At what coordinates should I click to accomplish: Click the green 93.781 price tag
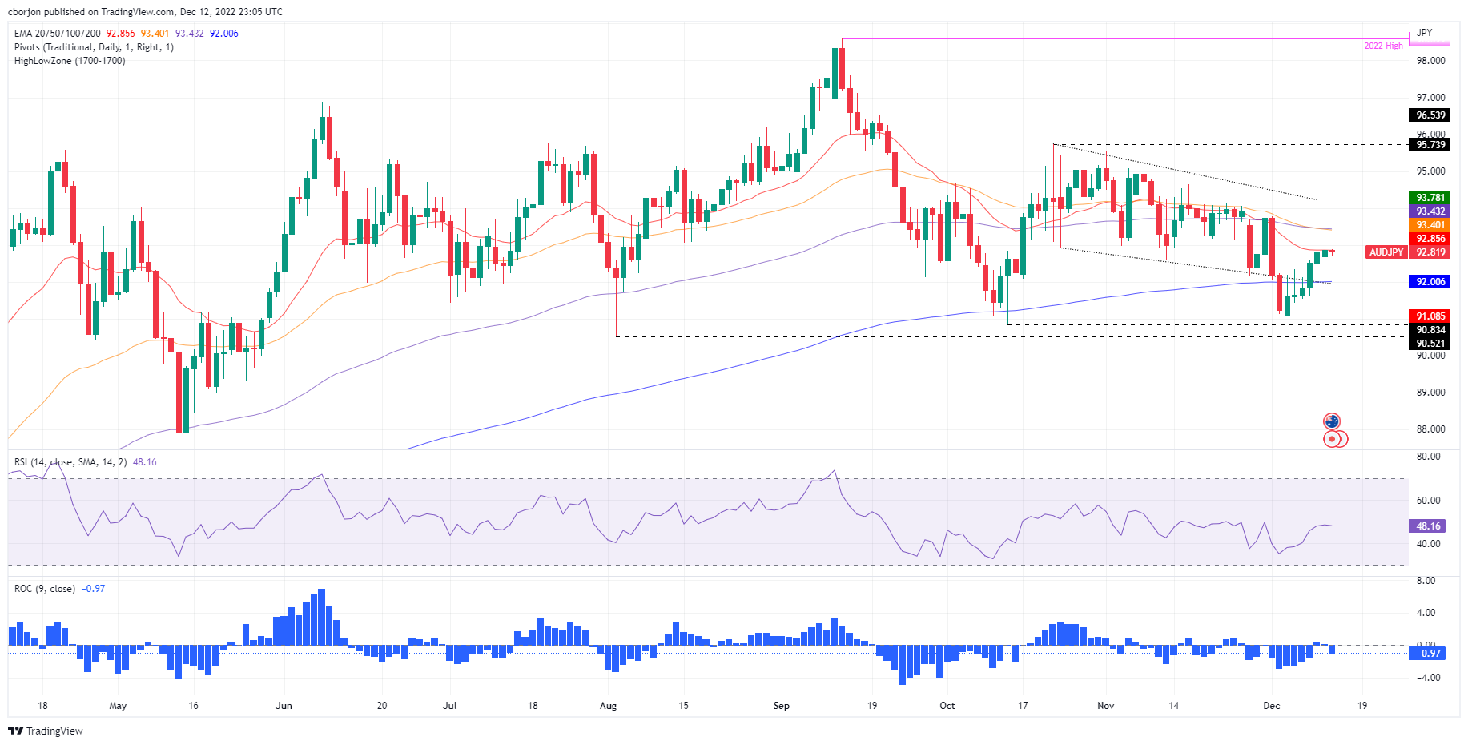coord(1430,198)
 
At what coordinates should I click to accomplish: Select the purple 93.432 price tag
coord(1430,211)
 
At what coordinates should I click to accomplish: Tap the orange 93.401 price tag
coord(1430,225)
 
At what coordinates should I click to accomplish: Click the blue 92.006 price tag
coord(1430,282)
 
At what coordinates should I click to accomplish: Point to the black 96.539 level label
coord(1430,115)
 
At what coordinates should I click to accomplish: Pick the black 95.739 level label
coord(1430,145)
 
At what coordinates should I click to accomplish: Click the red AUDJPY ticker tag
coord(1386,252)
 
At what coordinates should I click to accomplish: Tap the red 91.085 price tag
coord(1430,316)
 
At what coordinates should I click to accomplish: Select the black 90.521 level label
coord(1430,344)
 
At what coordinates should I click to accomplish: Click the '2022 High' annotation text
coord(1383,46)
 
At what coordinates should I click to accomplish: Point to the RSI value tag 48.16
coord(1428,526)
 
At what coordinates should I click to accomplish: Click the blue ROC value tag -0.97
coord(1428,654)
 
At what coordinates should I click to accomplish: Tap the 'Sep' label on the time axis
coord(781,706)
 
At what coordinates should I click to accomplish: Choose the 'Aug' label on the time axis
coord(608,706)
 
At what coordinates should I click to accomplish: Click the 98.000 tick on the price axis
coord(1430,61)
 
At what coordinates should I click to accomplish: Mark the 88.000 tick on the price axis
coord(1430,429)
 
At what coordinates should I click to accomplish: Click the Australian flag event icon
coord(1332,421)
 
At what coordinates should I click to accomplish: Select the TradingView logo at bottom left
coord(46,731)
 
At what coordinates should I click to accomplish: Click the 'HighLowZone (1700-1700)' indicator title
coord(70,61)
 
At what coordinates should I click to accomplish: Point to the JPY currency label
coord(1424,33)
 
